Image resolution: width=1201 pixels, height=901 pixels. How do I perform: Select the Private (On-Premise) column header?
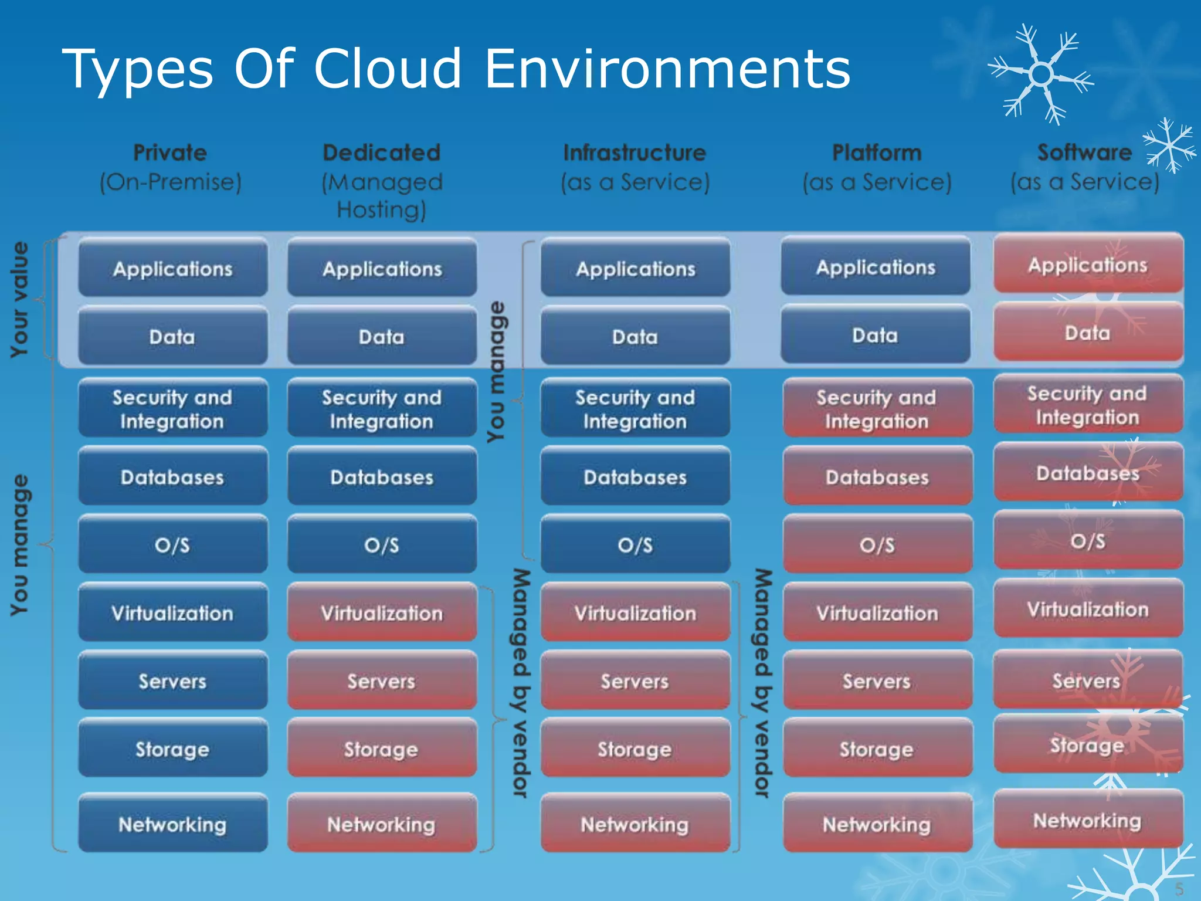(171, 168)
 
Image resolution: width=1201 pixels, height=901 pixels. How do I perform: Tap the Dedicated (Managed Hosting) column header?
(382, 181)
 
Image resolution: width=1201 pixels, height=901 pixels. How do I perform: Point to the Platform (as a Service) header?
(877, 168)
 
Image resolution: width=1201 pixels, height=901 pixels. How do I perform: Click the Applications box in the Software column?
(1088, 265)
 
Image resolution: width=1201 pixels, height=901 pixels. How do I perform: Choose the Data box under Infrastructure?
(635, 337)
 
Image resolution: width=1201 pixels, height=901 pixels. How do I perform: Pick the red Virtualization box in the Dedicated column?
(382, 613)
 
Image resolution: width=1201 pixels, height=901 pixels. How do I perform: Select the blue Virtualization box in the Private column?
(172, 613)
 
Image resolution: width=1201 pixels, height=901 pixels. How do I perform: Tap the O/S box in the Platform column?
(877, 545)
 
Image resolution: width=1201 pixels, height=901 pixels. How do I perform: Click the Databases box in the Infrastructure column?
(635, 477)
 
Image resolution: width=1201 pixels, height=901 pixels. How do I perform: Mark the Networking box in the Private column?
(172, 824)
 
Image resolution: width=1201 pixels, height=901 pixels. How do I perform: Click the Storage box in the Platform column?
(877, 749)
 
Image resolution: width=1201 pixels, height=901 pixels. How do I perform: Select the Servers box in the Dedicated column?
(382, 681)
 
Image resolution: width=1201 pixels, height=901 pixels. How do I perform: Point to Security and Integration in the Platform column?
(877, 409)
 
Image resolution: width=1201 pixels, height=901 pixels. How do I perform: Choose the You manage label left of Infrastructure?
(496, 372)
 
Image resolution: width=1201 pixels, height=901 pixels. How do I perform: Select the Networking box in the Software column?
(1088, 820)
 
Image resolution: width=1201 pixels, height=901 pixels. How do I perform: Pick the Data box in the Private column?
(172, 337)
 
